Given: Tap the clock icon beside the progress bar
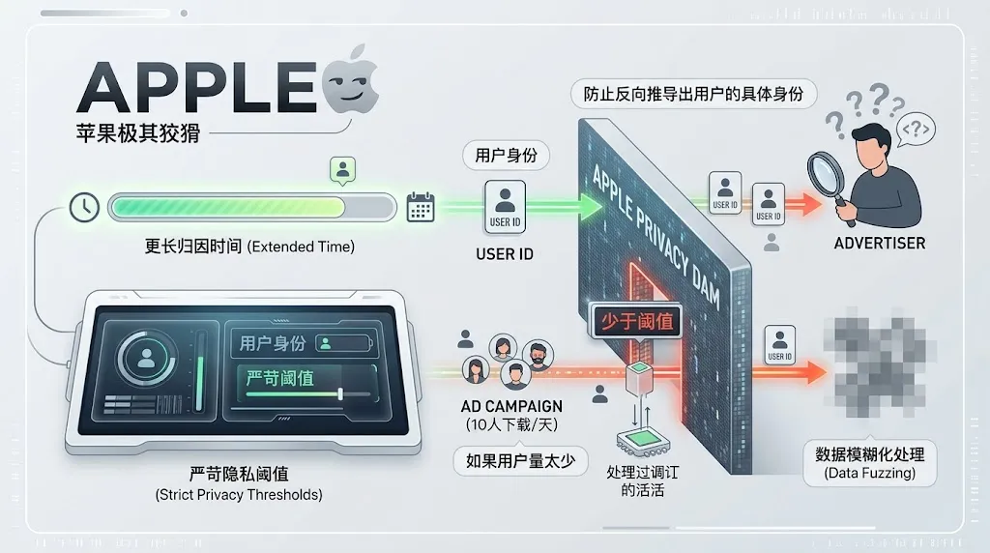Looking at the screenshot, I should (x=85, y=207).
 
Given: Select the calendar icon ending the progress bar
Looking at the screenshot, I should (x=421, y=207).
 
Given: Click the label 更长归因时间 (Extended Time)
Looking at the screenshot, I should (x=244, y=247).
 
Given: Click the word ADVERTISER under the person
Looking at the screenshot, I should (x=879, y=243).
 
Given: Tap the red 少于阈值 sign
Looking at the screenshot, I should (x=637, y=320).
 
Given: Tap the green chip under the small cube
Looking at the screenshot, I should (x=641, y=441).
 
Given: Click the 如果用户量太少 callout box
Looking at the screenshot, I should (x=520, y=460).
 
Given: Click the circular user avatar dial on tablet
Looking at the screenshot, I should (x=147, y=360).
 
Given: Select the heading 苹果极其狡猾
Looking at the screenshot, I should (x=138, y=132).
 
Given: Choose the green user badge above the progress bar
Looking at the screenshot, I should (x=342, y=172).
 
